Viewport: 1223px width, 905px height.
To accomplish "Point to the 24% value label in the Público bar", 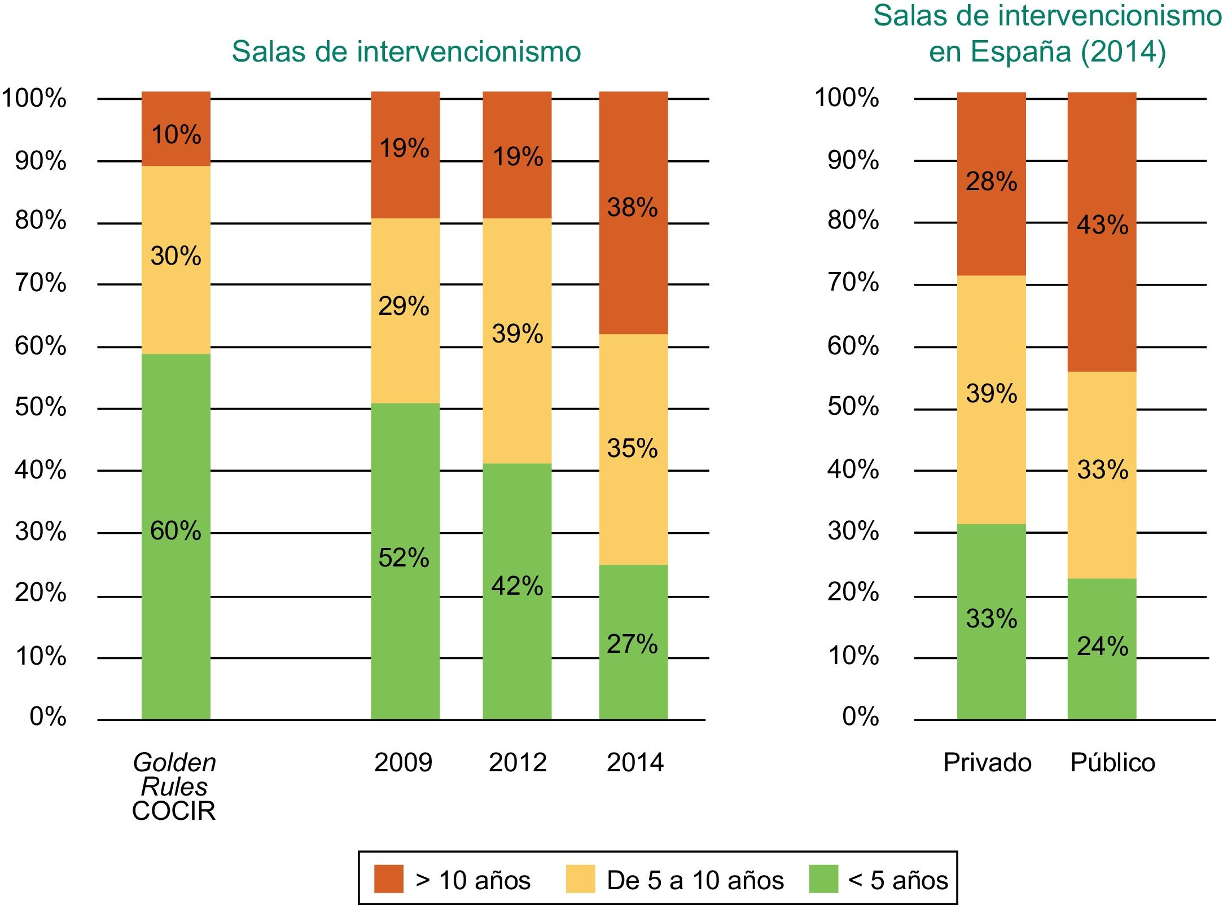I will pyautogui.click(x=1102, y=647).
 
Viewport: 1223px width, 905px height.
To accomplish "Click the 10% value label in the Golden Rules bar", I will pyautogui.click(x=176, y=135).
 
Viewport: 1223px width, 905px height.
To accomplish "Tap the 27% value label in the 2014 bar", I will pyautogui.click(x=632, y=644).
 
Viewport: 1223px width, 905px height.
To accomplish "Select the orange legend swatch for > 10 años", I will pyautogui.click(x=388, y=879).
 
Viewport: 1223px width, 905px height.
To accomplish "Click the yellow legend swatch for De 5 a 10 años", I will pyautogui.click(x=580, y=879).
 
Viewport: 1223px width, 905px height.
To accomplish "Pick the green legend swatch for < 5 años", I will pyautogui.click(x=823, y=879).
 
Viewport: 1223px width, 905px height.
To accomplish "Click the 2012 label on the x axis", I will pyautogui.click(x=518, y=763).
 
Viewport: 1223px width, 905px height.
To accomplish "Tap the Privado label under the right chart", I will pyautogui.click(x=987, y=763).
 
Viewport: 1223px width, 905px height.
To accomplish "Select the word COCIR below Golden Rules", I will pyautogui.click(x=174, y=811).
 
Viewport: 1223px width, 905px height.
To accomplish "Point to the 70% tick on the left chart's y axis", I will pyautogui.click(x=41, y=283).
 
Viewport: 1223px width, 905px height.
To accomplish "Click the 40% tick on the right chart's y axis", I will pyautogui.click(x=853, y=469).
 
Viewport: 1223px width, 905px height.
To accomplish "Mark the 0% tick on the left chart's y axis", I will pyautogui.click(x=48, y=717).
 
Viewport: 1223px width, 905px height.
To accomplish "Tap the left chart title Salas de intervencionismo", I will pyautogui.click(x=406, y=52).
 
